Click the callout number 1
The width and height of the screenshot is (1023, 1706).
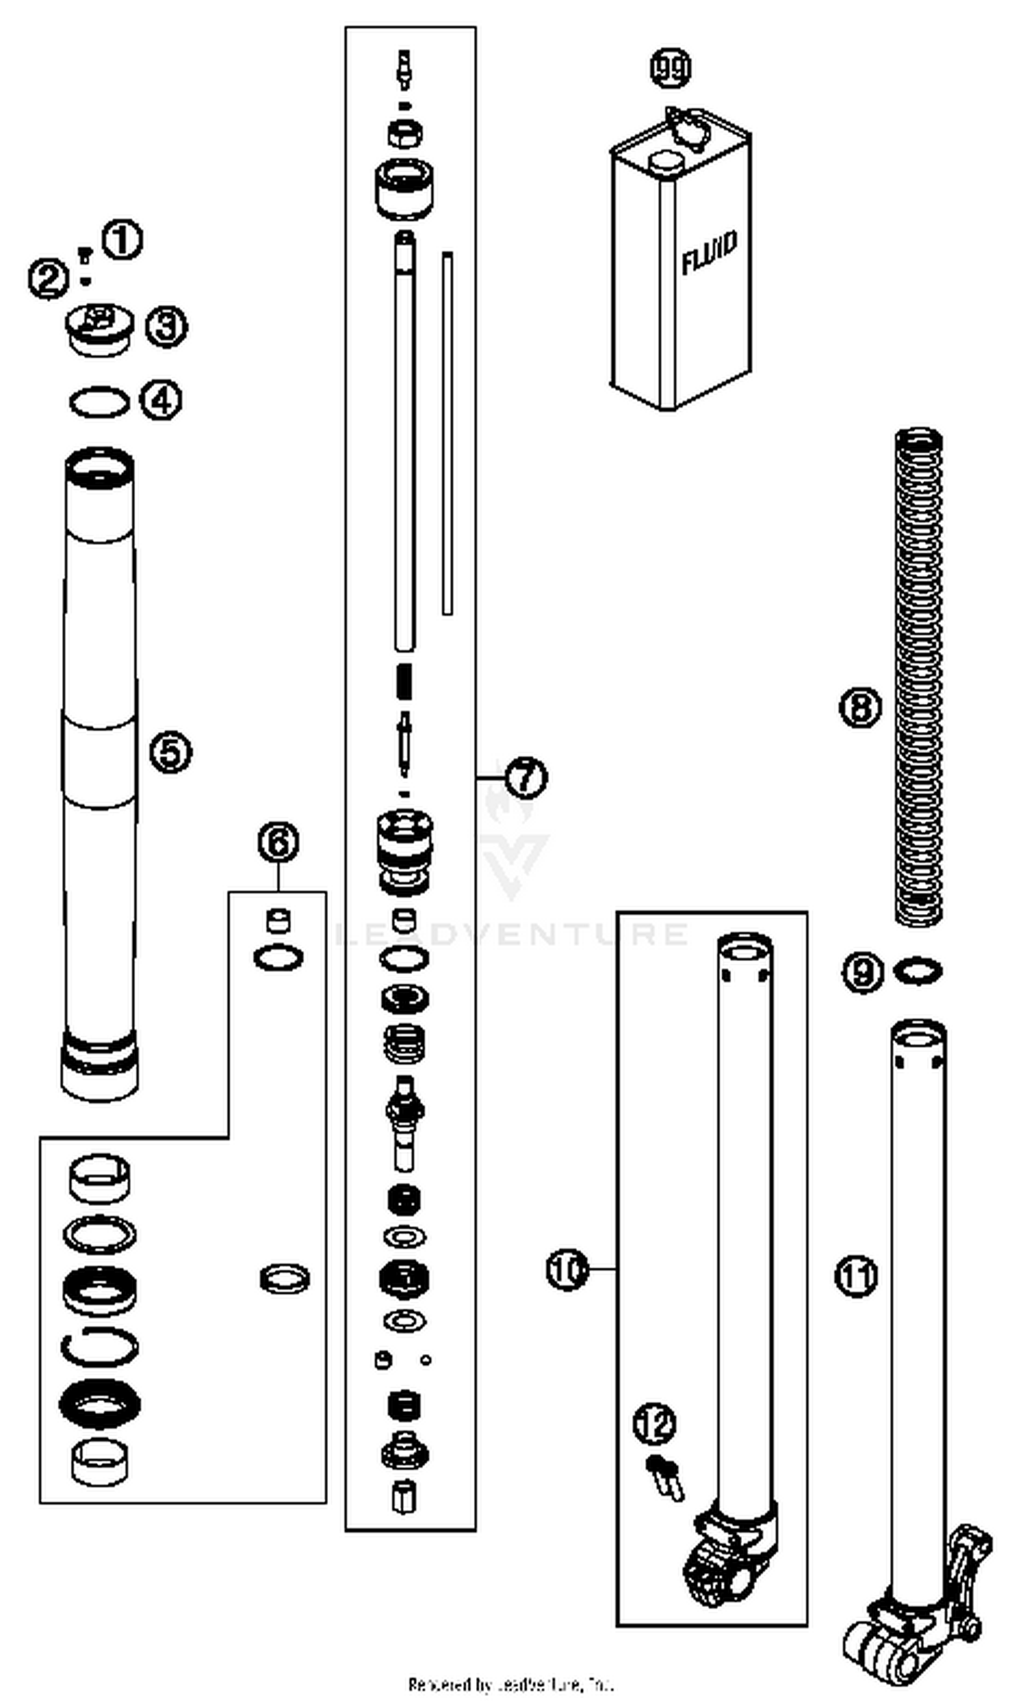pyautogui.click(x=123, y=240)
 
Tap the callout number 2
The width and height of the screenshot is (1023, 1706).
pyautogui.click(x=48, y=279)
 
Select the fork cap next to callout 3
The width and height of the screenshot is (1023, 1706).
pyautogui.click(x=100, y=329)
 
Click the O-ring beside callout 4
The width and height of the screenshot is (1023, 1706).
pyautogui.click(x=100, y=402)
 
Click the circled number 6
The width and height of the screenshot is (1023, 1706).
pyautogui.click(x=278, y=842)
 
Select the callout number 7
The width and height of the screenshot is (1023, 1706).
pyautogui.click(x=526, y=777)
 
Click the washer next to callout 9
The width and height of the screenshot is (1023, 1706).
pyautogui.click(x=917, y=971)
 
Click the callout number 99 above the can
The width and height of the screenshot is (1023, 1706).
pyautogui.click(x=670, y=68)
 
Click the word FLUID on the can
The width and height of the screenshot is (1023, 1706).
pyautogui.click(x=709, y=252)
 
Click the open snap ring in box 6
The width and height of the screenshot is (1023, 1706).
pyautogui.click(x=100, y=1347)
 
